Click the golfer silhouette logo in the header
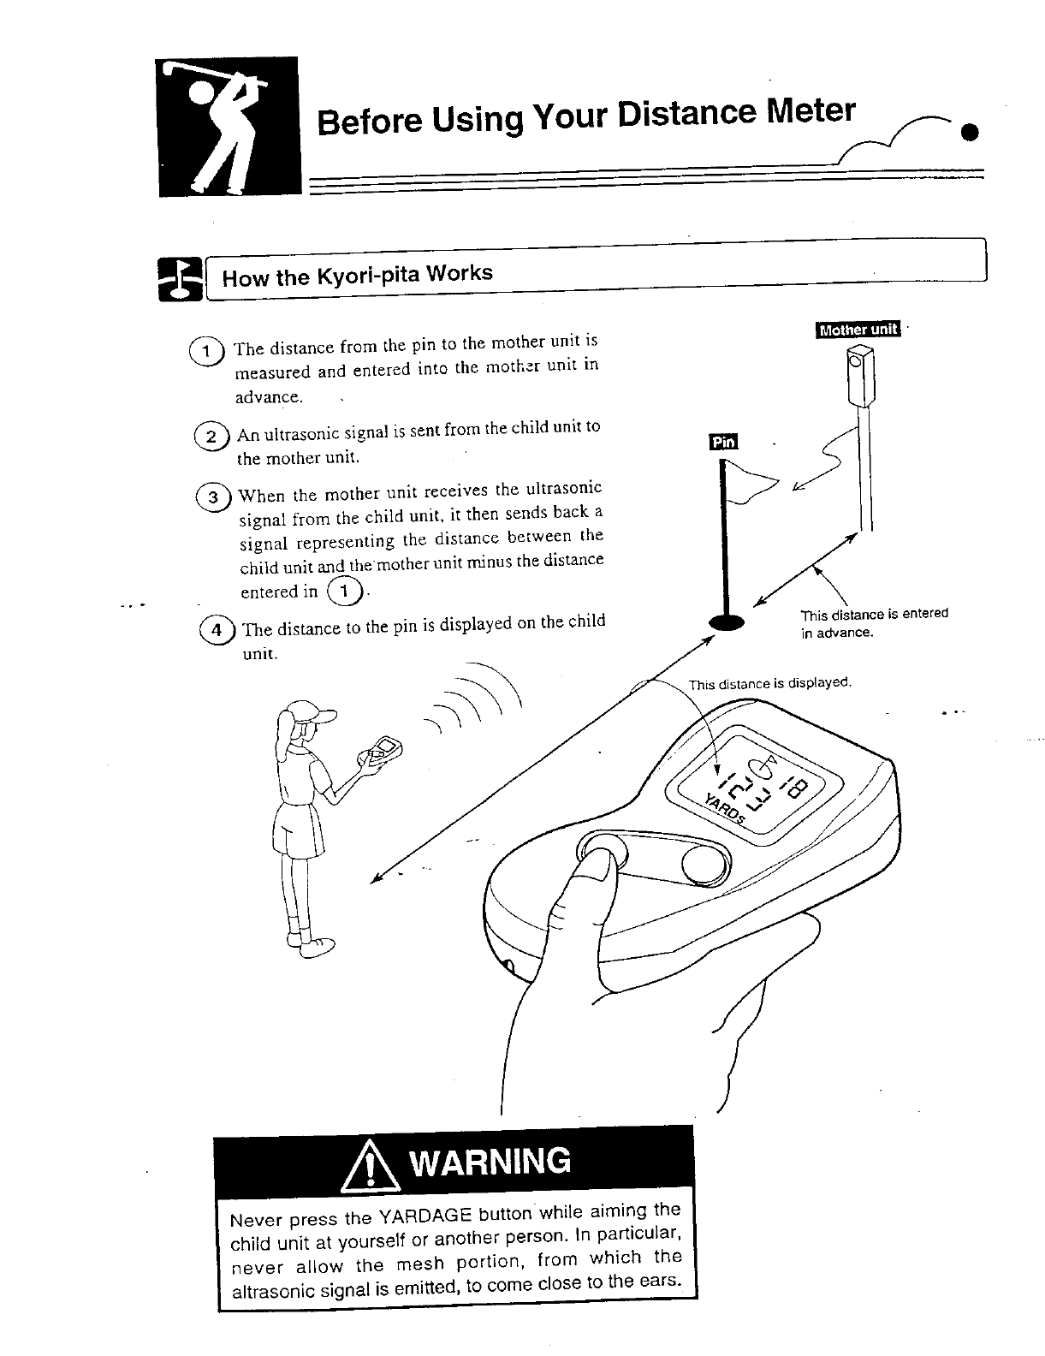[x=229, y=127]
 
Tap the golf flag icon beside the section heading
[x=180, y=278]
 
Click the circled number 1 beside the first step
[x=206, y=351]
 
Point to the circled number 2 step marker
[x=211, y=437]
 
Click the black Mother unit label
[x=858, y=330]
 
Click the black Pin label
[x=723, y=442]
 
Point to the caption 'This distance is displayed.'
[x=769, y=683]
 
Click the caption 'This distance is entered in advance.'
[x=873, y=623]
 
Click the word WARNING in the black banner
[x=490, y=1162]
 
